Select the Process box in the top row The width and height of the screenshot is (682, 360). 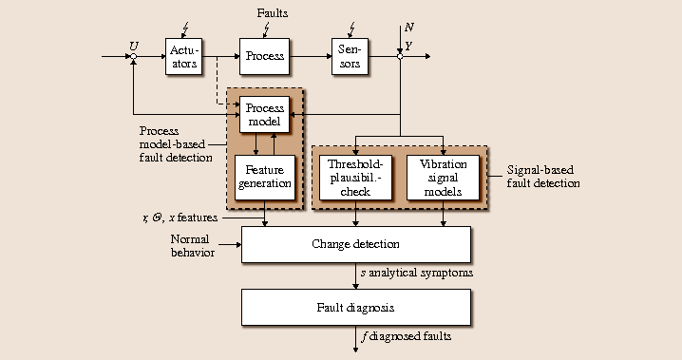[x=264, y=56]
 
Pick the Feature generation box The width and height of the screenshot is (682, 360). [x=264, y=177]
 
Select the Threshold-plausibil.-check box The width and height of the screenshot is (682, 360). [x=355, y=177]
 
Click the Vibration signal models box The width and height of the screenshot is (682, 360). [x=444, y=177]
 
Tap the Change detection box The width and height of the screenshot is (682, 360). [x=355, y=244]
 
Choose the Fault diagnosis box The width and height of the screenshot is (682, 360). [x=355, y=308]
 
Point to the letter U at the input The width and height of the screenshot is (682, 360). [x=133, y=45]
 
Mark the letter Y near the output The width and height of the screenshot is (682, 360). [x=408, y=45]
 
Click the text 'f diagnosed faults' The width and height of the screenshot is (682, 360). [x=407, y=336]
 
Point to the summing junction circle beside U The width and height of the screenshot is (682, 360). [x=134, y=57]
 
